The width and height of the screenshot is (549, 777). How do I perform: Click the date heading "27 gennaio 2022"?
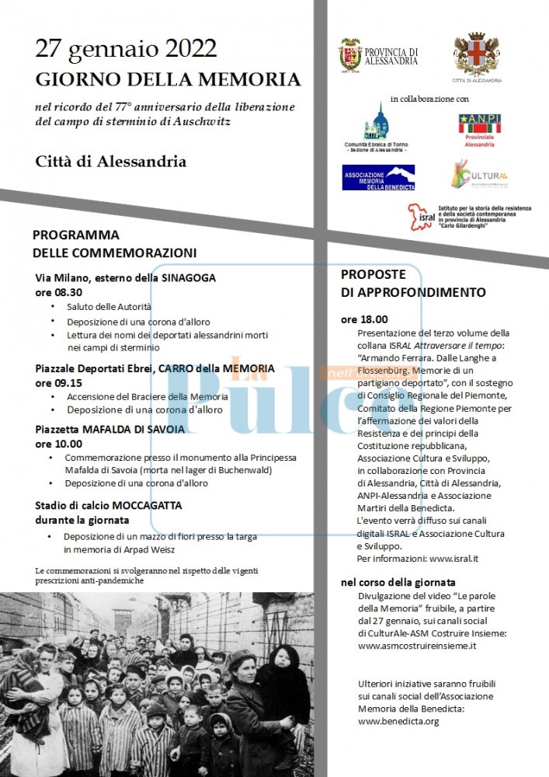[126, 50]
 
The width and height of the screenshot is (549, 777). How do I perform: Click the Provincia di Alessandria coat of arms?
[350, 56]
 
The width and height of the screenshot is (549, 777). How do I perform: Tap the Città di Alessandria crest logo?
[476, 54]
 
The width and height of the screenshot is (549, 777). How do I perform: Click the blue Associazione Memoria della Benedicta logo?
[378, 177]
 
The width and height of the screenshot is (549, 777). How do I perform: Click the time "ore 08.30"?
[59, 292]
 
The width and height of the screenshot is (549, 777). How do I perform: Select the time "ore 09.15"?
[59, 382]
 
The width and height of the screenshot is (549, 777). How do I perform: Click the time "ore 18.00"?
[364, 319]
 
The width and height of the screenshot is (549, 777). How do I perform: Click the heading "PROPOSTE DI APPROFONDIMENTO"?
[413, 284]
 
